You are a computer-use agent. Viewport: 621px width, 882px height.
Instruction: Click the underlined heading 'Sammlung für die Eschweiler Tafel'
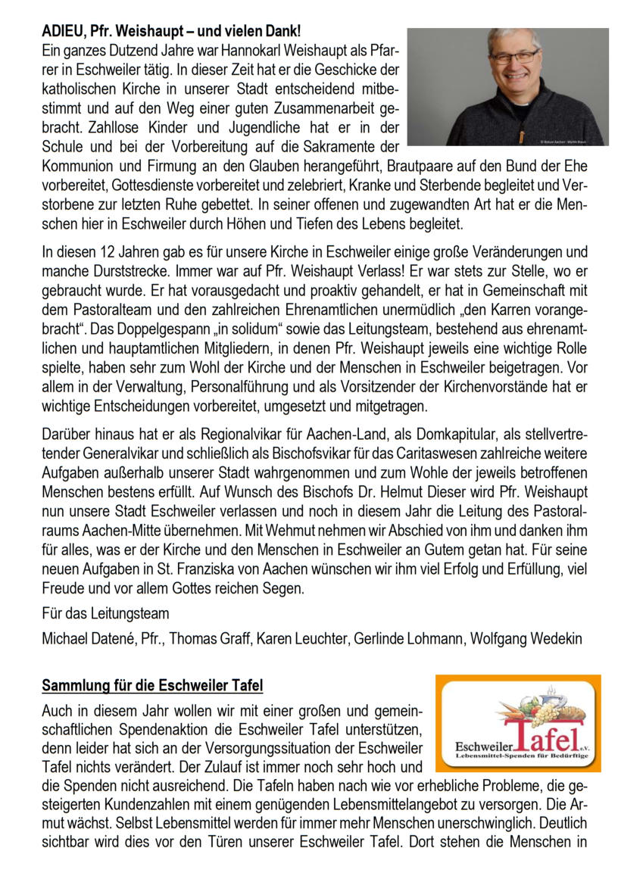(152, 686)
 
